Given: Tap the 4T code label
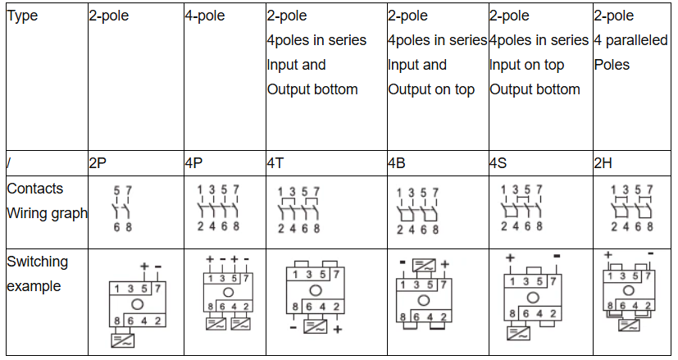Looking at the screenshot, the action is tap(275, 163).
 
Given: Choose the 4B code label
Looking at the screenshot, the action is tap(397, 163).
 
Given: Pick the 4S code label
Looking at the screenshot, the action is tap(498, 163).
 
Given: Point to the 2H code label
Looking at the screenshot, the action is tap(603, 163).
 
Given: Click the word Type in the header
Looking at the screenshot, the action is tap(22, 16).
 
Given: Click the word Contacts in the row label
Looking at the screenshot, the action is tap(35, 189).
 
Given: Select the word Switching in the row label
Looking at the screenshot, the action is tap(38, 262).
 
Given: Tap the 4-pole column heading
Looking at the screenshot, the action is tap(205, 16).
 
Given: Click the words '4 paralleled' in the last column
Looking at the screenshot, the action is tap(631, 40).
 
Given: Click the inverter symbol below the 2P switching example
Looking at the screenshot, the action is tap(123, 340).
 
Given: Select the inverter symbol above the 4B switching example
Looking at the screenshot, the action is tap(424, 265).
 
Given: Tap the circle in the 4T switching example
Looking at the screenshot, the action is tap(316, 290).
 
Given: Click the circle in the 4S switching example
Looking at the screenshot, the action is tap(533, 298).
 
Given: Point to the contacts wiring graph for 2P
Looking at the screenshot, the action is tap(123, 208).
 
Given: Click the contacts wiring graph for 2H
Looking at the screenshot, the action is tap(632, 208).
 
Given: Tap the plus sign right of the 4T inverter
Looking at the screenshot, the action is tap(338, 330).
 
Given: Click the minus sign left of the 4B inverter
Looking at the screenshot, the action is tap(403, 262).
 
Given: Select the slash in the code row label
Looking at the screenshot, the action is tap(8, 163).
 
